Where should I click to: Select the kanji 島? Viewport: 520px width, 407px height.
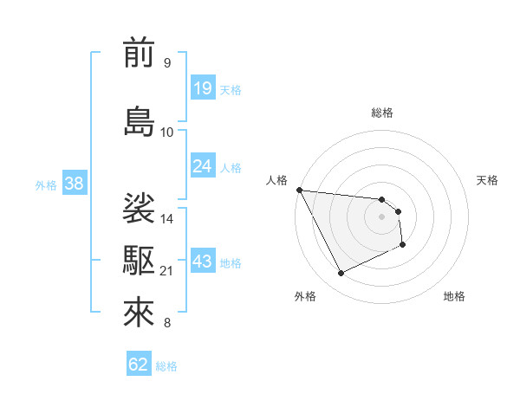pyautogui.click(x=139, y=120)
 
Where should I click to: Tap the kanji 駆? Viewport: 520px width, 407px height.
pyautogui.click(x=139, y=259)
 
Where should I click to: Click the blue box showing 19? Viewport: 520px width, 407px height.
pyautogui.click(x=203, y=88)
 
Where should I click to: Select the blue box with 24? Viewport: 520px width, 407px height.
pyautogui.click(x=203, y=165)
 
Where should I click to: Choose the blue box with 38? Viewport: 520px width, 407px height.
pyautogui.click(x=74, y=184)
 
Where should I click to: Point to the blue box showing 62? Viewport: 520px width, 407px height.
pyautogui.click(x=139, y=365)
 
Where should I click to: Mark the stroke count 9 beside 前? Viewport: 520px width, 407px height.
pyautogui.click(x=167, y=63)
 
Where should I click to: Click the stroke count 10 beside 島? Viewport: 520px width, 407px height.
pyautogui.click(x=167, y=132)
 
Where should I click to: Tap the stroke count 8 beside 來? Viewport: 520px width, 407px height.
pyautogui.click(x=167, y=324)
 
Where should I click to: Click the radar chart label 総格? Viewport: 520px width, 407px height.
pyautogui.click(x=382, y=113)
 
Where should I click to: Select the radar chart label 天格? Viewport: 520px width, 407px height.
pyautogui.click(x=487, y=180)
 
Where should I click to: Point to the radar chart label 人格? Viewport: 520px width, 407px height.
pyautogui.click(x=276, y=180)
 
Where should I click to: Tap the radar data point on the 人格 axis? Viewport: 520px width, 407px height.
pyautogui.click(x=299, y=190)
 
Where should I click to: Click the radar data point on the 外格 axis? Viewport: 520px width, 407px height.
pyautogui.click(x=341, y=274)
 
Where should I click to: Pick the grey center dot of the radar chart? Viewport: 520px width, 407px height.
pyautogui.click(x=382, y=216)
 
